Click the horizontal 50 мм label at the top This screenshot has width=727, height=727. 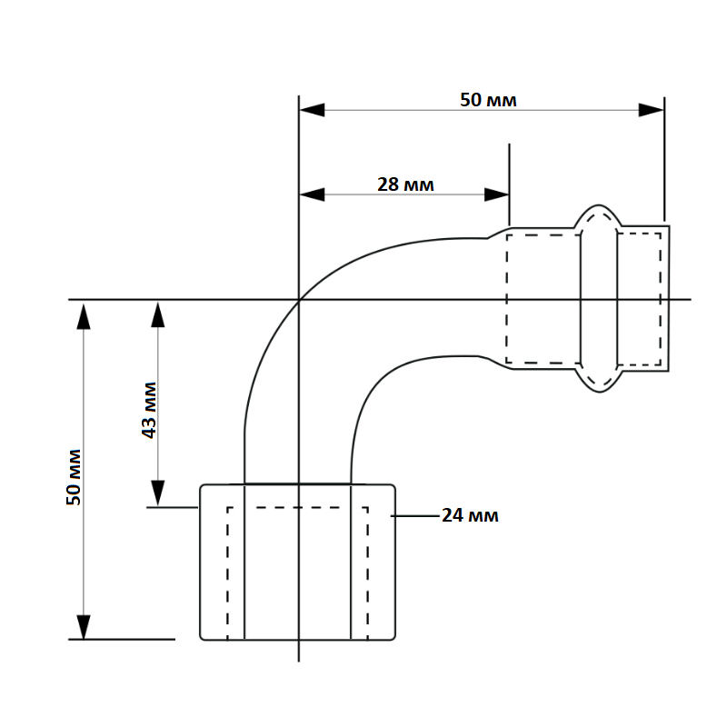click(x=488, y=100)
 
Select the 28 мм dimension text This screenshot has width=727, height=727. click(x=405, y=184)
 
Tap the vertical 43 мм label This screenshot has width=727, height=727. click(x=149, y=411)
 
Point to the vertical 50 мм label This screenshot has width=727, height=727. click(x=74, y=477)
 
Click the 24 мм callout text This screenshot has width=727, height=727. click(x=470, y=515)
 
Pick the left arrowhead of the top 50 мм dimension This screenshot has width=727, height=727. click(x=312, y=110)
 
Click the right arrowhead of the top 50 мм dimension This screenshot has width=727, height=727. click(x=651, y=110)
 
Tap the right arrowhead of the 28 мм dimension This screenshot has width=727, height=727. click(x=496, y=194)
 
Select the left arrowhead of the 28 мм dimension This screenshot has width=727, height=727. click(x=312, y=194)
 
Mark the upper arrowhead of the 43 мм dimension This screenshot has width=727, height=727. click(x=158, y=314)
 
